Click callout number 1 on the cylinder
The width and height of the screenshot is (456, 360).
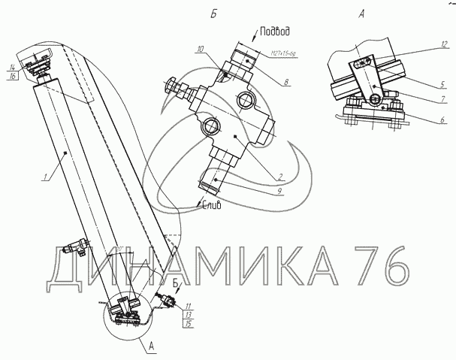[x=45, y=177]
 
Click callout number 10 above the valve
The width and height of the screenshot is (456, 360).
[x=201, y=50]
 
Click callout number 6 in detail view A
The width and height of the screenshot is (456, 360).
[x=442, y=120]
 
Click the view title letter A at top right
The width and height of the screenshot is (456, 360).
[x=363, y=14]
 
